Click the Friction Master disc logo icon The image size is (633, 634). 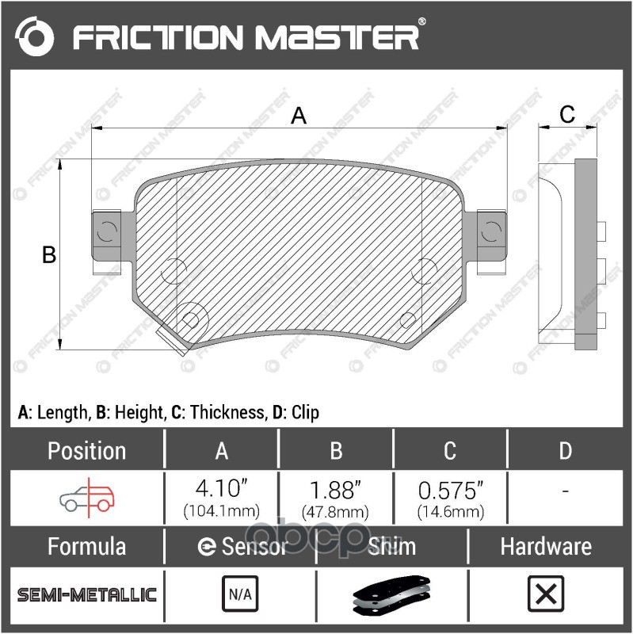(x=35, y=36)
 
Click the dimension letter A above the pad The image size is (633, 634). (x=299, y=116)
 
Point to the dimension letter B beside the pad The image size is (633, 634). (x=49, y=254)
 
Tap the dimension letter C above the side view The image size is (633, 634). (x=567, y=114)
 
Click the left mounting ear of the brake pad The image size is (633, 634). (x=107, y=235)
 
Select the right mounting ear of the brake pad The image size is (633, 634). (x=491, y=235)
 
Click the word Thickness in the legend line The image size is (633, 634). (x=228, y=412)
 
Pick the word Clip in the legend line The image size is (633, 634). (x=305, y=412)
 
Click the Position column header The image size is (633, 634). (x=87, y=450)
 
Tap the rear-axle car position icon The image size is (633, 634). (x=87, y=498)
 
